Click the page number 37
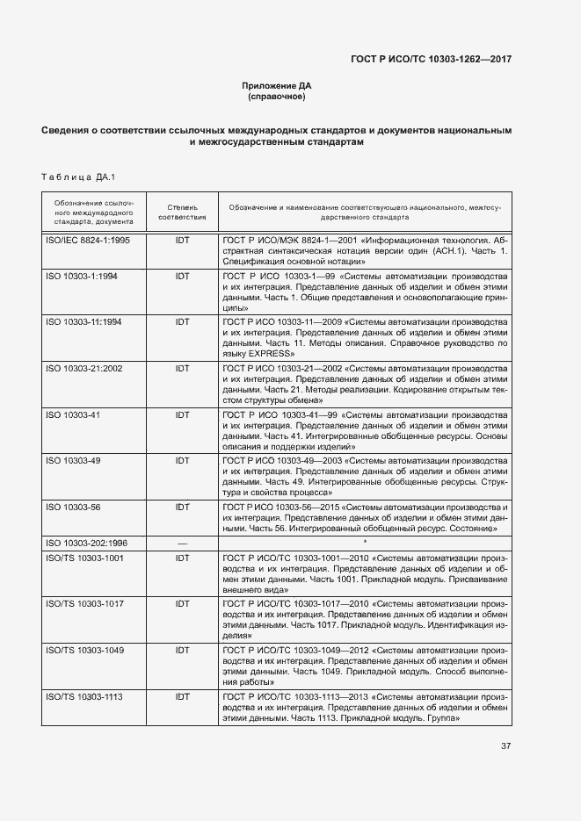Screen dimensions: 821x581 505,747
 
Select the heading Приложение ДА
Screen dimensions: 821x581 276,85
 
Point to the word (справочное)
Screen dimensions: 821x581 276,97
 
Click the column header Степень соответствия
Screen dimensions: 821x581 182,210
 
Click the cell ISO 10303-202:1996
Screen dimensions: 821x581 86,544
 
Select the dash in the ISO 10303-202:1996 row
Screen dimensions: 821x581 182,544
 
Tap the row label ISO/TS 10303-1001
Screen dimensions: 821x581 84,558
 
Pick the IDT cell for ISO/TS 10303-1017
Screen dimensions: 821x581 182,603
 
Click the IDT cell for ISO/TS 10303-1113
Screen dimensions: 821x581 182,696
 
